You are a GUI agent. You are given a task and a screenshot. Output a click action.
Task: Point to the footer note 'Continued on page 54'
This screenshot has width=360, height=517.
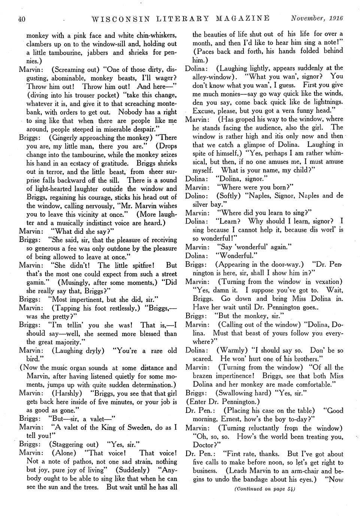(x=264, y=489)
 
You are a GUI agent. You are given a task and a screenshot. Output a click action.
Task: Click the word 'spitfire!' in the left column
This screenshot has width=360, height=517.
(x=140, y=265)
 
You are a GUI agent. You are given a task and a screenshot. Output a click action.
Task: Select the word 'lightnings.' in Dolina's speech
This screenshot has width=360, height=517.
(x=324, y=102)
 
